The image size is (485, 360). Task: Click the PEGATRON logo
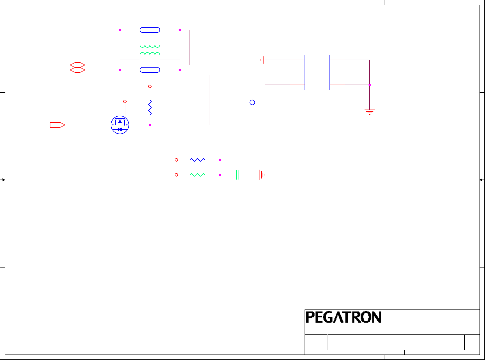tap(344, 317)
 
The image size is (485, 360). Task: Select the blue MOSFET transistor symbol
tap(120, 125)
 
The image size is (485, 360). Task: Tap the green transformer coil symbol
tap(150, 50)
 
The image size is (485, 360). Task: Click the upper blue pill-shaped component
tap(150, 30)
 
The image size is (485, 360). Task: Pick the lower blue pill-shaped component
tap(150, 70)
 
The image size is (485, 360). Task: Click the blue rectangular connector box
tap(317, 72)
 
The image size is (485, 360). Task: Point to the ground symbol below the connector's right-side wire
tap(370, 112)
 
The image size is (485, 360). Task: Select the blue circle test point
tap(252, 103)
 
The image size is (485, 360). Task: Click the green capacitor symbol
tap(238, 175)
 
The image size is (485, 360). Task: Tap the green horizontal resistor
tap(197, 175)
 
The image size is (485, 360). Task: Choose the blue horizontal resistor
tap(197, 160)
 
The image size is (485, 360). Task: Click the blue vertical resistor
tap(150, 107)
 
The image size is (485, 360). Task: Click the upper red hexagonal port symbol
tap(77, 65)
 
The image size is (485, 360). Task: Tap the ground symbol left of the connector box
tap(263, 60)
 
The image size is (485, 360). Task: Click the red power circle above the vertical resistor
tap(150, 86)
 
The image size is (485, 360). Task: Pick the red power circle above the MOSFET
tap(125, 101)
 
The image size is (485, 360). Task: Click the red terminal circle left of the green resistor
tap(176, 175)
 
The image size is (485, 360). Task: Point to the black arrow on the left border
tap(3, 180)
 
